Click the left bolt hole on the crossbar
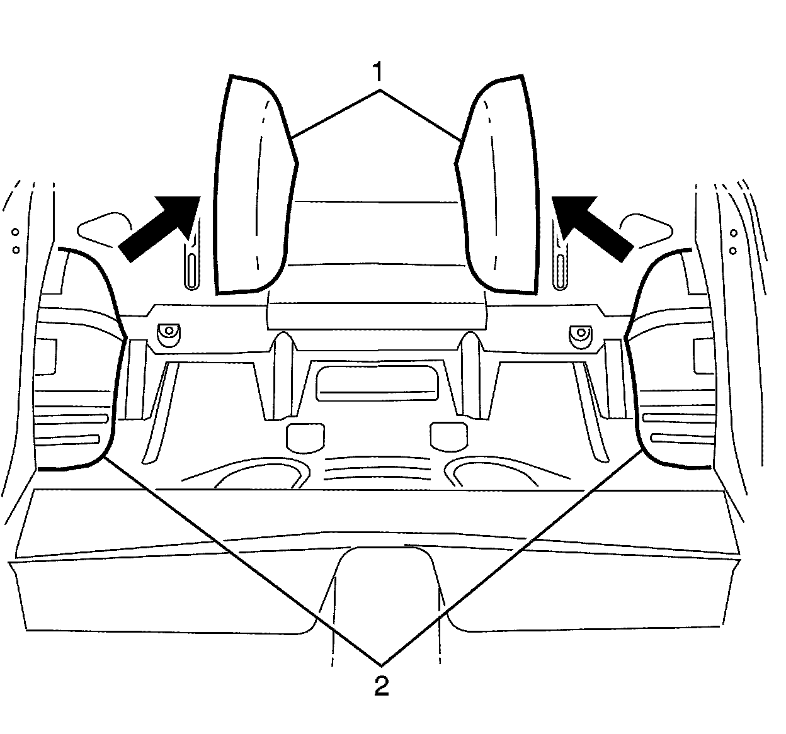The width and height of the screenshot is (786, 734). (x=168, y=332)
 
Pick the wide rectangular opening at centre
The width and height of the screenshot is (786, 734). (x=377, y=382)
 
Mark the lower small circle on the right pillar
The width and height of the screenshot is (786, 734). (x=733, y=250)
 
